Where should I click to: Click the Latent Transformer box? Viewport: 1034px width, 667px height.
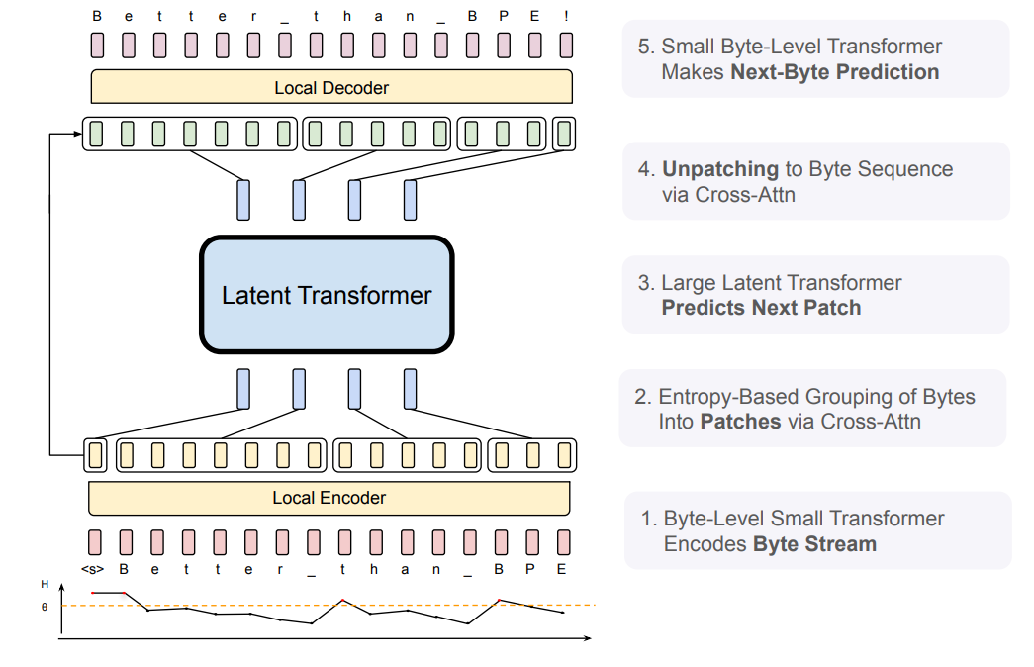(327, 295)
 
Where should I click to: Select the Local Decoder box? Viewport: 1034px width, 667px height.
(331, 88)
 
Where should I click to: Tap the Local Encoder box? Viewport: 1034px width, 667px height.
(329, 498)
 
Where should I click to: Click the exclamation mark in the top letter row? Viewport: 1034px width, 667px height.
(566, 16)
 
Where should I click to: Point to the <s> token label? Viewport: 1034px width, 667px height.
(93, 569)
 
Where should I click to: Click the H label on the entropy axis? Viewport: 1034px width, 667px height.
(44, 585)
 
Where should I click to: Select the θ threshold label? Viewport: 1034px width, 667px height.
(44, 606)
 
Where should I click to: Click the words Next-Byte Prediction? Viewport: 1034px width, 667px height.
(835, 72)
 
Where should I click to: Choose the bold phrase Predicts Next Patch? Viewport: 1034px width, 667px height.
(761, 308)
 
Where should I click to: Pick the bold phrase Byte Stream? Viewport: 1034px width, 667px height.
(814, 544)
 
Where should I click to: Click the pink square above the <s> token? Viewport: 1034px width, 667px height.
(95, 541)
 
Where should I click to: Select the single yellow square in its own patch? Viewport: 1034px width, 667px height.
(95, 455)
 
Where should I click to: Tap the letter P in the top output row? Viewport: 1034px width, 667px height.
(503, 16)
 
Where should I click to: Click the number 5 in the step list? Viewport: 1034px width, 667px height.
(645, 47)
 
